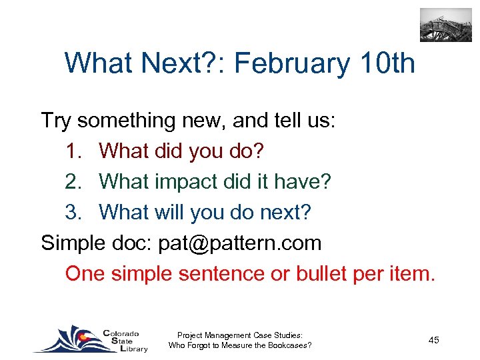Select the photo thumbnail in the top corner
point(445,25)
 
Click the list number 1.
point(73,151)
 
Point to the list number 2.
point(73,181)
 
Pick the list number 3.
point(73,212)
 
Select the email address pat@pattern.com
point(239,243)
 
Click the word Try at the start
point(56,121)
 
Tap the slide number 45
point(433,340)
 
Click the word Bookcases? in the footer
point(289,345)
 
